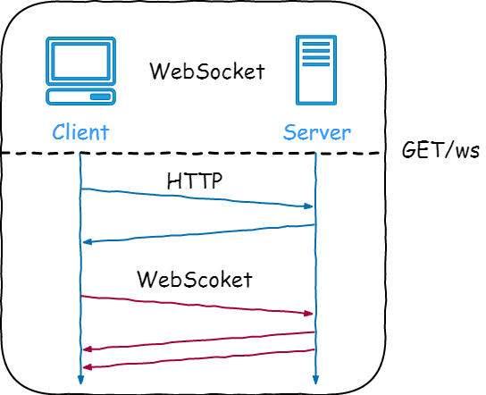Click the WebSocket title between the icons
click(x=206, y=71)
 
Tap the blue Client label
click(x=80, y=133)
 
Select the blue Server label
click(x=317, y=133)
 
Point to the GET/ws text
click(x=440, y=149)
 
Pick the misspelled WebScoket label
click(x=195, y=279)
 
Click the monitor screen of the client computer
click(x=80, y=61)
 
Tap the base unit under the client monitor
click(x=80, y=96)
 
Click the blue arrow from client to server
click(x=197, y=197)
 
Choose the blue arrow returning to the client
click(x=197, y=233)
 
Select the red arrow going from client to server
click(x=197, y=305)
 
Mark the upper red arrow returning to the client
click(x=197, y=340)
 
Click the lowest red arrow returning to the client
click(x=197, y=358)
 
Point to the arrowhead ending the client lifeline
click(x=80, y=381)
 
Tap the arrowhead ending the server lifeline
click(x=316, y=381)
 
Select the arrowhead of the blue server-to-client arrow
click(x=87, y=242)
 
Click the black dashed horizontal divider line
click(x=197, y=153)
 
